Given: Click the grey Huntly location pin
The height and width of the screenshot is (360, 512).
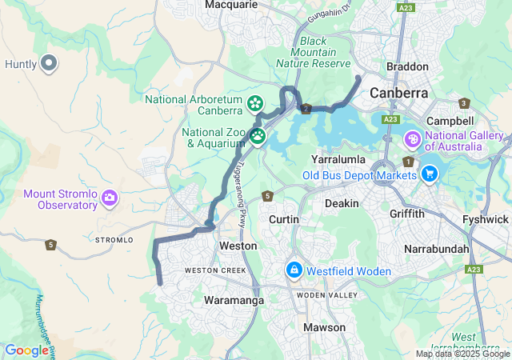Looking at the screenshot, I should pyautogui.click(x=49, y=62).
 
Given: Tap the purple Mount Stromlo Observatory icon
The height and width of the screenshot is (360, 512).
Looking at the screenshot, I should pyautogui.click(x=110, y=197).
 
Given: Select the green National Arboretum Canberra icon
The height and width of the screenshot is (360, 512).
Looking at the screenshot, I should pyautogui.click(x=254, y=103).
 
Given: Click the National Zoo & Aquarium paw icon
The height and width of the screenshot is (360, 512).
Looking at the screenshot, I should pyautogui.click(x=258, y=136).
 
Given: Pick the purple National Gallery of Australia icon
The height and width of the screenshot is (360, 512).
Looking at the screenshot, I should pyautogui.click(x=413, y=140).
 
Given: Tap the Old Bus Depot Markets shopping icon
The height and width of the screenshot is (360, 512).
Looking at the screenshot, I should pyautogui.click(x=430, y=173).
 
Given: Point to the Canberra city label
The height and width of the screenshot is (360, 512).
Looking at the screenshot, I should pyautogui.click(x=398, y=93).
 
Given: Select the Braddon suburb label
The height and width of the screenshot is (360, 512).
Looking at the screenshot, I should pyautogui.click(x=407, y=67).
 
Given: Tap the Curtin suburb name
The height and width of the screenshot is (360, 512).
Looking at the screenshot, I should pyautogui.click(x=284, y=219).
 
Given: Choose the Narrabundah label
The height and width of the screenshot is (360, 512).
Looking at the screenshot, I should pyautogui.click(x=437, y=249).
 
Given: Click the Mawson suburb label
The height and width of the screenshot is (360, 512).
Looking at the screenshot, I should pyautogui.click(x=324, y=327).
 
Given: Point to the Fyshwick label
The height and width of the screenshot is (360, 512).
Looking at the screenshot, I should pyautogui.click(x=485, y=219).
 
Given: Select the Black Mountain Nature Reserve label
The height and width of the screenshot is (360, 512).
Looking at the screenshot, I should pyautogui.click(x=313, y=52).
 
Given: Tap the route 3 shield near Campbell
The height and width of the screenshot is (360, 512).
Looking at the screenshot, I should pyautogui.click(x=463, y=103).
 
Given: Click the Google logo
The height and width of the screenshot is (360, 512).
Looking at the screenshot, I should pyautogui.click(x=26, y=350).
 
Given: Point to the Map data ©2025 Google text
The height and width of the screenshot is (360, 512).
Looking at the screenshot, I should pyautogui.click(x=462, y=354).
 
